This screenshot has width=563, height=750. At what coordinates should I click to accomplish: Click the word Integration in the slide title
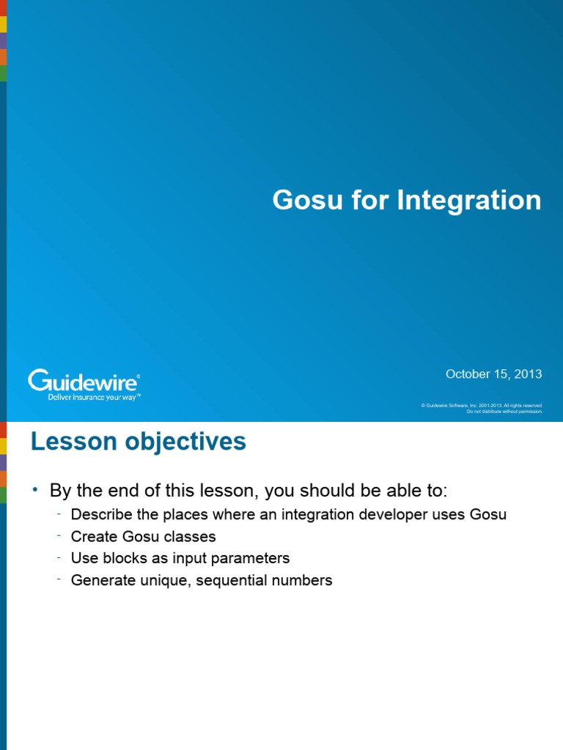[x=469, y=201]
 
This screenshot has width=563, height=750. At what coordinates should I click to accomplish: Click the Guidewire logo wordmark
[x=84, y=382]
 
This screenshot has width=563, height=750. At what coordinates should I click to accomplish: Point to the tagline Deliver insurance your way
[x=93, y=397]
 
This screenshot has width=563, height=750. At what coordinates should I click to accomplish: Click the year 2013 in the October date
[x=528, y=374]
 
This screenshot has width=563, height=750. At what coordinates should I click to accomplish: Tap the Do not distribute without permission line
[x=504, y=412]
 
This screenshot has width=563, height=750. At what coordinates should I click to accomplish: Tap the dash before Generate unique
[x=58, y=579]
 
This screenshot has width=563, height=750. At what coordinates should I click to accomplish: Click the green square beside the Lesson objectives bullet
[x=3, y=495]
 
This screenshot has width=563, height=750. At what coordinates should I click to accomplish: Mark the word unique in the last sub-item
[x=158, y=581]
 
